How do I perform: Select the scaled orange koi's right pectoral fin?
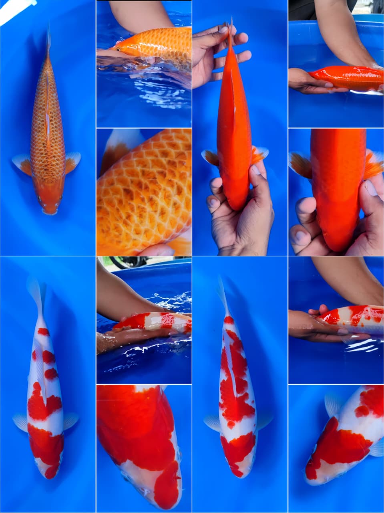point(73,162)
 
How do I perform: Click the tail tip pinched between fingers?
point(231,28)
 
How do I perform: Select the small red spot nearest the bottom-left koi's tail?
point(43,331)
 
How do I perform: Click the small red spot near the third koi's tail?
point(229,320)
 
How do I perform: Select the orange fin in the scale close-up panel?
point(114,148)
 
